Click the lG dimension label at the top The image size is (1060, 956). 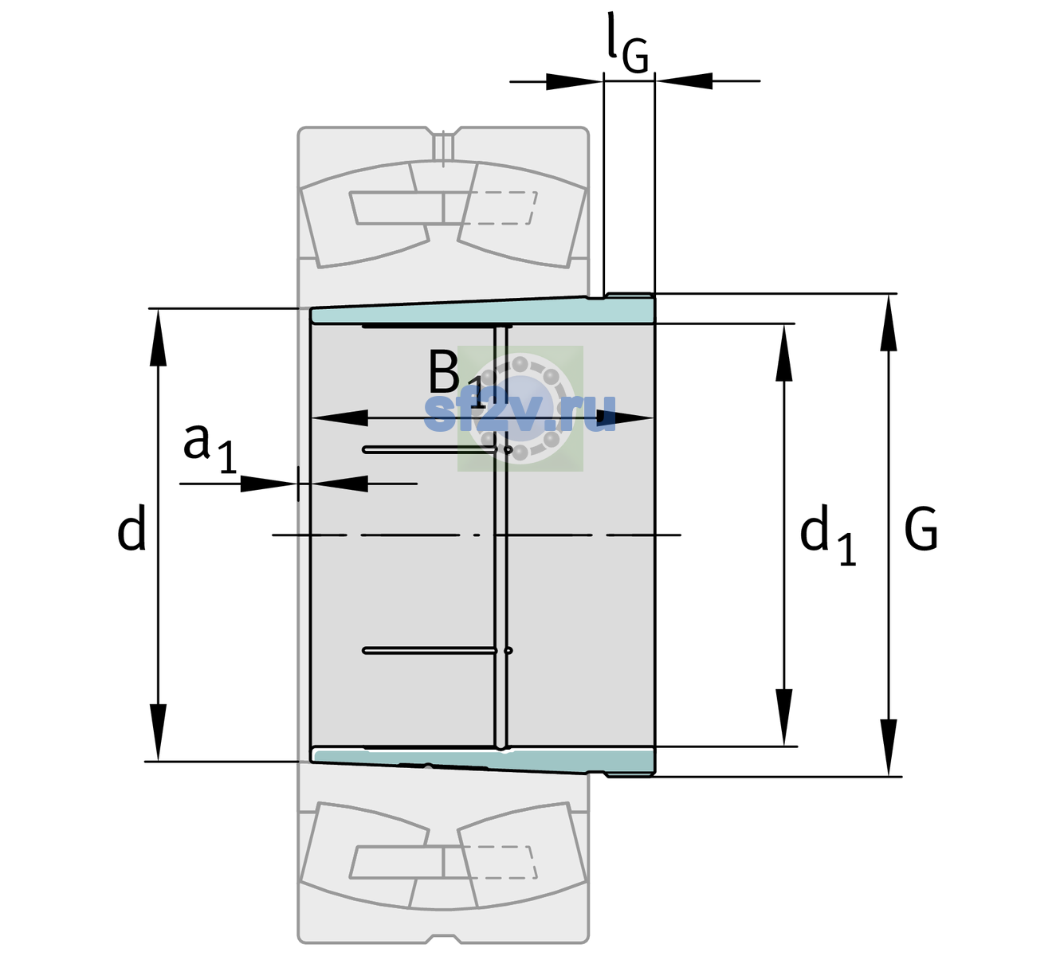[627, 45]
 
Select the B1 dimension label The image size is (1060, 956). [456, 378]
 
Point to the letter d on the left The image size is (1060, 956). [131, 527]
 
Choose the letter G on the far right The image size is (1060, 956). [921, 529]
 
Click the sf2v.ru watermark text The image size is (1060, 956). [520, 413]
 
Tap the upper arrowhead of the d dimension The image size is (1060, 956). [158, 337]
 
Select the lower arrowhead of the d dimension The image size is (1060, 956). [158, 733]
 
